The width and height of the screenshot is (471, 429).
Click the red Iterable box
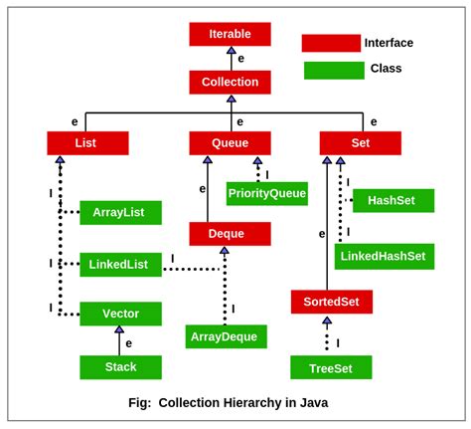pyautogui.click(x=230, y=34)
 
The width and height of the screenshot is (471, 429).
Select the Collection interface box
pyautogui.click(x=230, y=82)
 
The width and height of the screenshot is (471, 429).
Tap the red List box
pyautogui.click(x=87, y=143)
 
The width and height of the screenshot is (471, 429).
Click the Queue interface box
pyautogui.click(x=230, y=143)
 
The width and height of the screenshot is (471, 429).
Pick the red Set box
pyautogui.click(x=360, y=143)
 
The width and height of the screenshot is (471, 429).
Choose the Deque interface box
pyautogui.click(x=230, y=234)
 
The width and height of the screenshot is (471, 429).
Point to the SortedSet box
pyautogui.click(x=331, y=302)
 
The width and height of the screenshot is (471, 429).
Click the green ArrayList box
pyautogui.click(x=119, y=212)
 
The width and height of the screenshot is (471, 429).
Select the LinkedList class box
pyautogui.click(x=119, y=264)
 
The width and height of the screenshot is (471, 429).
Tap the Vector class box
pyautogui.click(x=120, y=314)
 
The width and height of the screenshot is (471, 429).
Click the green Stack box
pyautogui.click(x=120, y=366)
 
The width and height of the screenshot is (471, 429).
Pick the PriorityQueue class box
pyautogui.click(x=266, y=193)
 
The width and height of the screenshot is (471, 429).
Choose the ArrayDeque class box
pyautogui.click(x=226, y=336)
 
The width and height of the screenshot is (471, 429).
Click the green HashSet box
pyautogui.click(x=392, y=200)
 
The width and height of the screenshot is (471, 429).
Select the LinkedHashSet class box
pyautogui.click(x=384, y=256)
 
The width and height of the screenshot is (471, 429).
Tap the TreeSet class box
pyautogui.click(x=331, y=366)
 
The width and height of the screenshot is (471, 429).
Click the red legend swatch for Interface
pyautogui.click(x=331, y=43)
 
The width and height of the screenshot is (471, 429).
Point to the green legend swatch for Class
pyautogui.click(x=333, y=70)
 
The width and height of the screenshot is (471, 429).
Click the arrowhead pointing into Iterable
pyautogui.click(x=231, y=50)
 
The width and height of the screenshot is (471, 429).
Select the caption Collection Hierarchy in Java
pyautogui.click(x=228, y=403)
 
